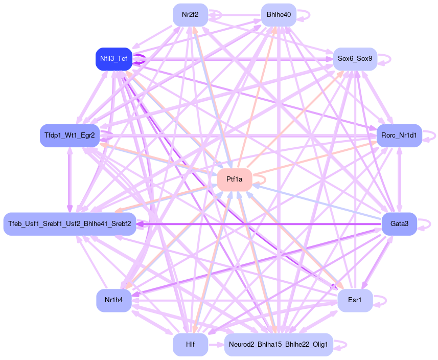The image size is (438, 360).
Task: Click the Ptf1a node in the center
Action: click(234, 179)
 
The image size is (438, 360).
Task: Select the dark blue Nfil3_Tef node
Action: click(113, 59)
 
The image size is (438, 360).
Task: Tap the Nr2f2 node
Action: click(190, 15)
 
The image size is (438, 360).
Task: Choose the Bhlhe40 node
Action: click(279, 15)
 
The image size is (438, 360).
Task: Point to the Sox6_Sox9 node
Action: click(355, 59)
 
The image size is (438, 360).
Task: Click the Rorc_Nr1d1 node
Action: click(399, 136)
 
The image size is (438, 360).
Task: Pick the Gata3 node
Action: click(399, 223)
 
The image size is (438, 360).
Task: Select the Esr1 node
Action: click(355, 300)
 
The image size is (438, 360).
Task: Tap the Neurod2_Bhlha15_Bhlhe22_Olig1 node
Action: click(279, 344)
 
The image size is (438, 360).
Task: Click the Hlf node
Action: click(190, 344)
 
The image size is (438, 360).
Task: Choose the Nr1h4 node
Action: click(113, 300)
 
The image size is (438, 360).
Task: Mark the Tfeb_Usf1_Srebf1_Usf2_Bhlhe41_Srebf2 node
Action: click(70, 223)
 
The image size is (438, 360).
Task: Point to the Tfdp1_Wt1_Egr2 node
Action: click(70, 136)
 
